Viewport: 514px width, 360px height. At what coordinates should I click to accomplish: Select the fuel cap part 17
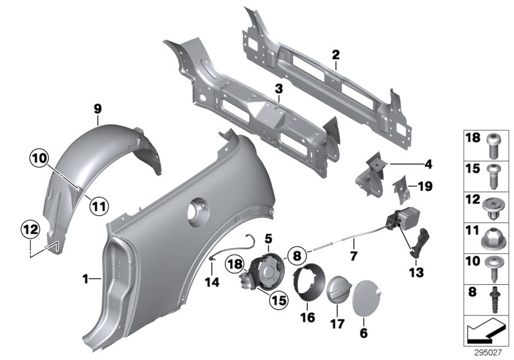coord(338,292)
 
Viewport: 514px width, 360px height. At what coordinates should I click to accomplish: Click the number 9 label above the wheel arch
coord(97,109)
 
